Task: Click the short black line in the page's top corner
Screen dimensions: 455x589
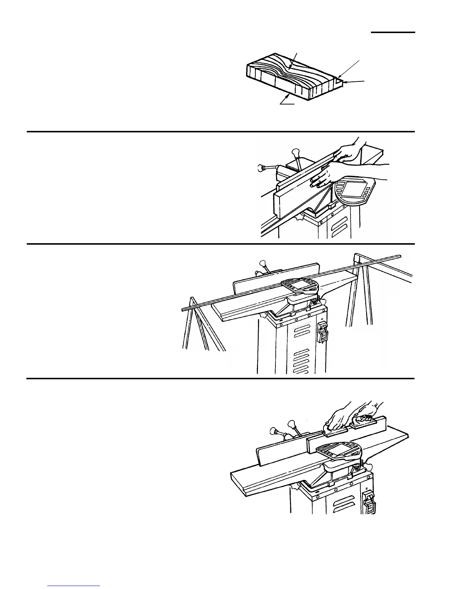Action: (393, 33)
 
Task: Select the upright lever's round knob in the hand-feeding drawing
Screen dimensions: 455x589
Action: (296, 152)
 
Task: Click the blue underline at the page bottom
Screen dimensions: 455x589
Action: (74, 586)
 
